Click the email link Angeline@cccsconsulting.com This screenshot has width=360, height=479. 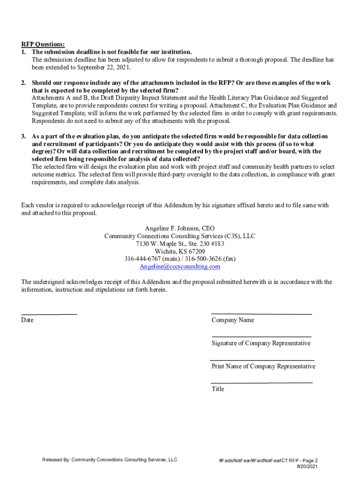(x=180, y=267)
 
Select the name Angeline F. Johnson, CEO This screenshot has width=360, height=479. (x=180, y=228)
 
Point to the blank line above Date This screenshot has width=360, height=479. (x=49, y=314)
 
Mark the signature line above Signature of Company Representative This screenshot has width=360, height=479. (x=261, y=337)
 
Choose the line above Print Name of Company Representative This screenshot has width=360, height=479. (x=262, y=360)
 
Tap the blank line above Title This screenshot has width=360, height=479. (x=262, y=383)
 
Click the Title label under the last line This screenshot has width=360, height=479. (x=218, y=389)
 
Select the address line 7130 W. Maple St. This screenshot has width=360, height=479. (x=180, y=244)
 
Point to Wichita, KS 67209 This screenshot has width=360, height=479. (x=180, y=251)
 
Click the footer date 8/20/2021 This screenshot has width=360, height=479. (x=307, y=467)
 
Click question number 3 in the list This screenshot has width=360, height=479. (x=23, y=136)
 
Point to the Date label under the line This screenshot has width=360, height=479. (x=27, y=320)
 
